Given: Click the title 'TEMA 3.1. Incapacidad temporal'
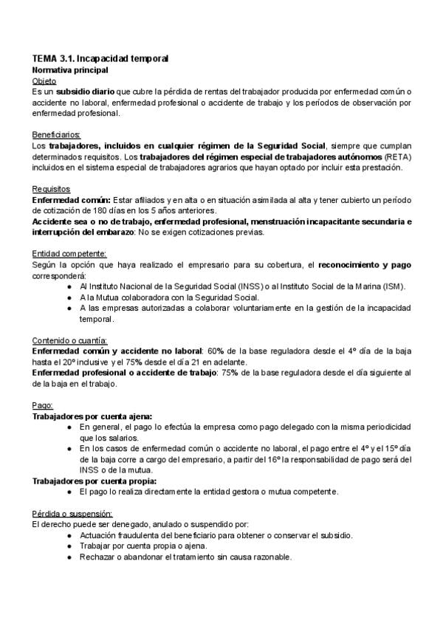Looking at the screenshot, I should click(x=101, y=58).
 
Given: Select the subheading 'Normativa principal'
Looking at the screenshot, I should click(x=71, y=69).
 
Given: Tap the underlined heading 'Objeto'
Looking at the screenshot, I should click(x=44, y=80).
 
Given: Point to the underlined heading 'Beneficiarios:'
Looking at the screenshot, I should click(x=57, y=135).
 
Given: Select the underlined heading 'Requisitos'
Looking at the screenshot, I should click(x=51, y=190).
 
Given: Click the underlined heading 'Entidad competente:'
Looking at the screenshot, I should click(x=69, y=255).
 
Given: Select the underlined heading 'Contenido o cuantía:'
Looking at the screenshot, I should click(x=71, y=341).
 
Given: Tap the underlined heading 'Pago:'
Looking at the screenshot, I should click(x=44, y=405).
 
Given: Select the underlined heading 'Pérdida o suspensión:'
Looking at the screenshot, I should click(x=72, y=513).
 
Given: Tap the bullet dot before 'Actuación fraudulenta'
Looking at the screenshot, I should click(x=69, y=535).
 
